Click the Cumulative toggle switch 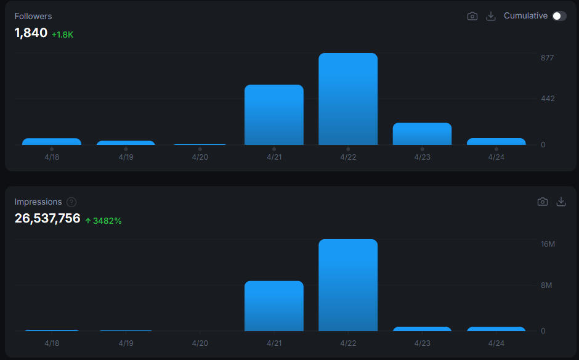tap(559, 16)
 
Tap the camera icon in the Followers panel tap(472, 16)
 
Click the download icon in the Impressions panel tap(561, 202)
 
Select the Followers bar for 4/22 tap(348, 99)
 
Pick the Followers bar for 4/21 tap(274, 115)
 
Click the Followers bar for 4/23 tap(422, 134)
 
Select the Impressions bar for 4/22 tap(348, 285)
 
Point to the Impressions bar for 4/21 tap(274, 306)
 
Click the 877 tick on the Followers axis tap(547, 58)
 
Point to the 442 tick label tap(547, 99)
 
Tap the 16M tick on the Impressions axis tap(548, 244)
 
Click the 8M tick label tap(547, 285)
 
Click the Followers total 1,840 tap(31, 33)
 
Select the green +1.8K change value tap(62, 35)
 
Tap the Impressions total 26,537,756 tap(47, 218)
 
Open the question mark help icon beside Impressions tap(71, 202)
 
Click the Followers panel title tap(33, 16)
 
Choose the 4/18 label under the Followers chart tap(52, 157)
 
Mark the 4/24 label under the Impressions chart tap(496, 343)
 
